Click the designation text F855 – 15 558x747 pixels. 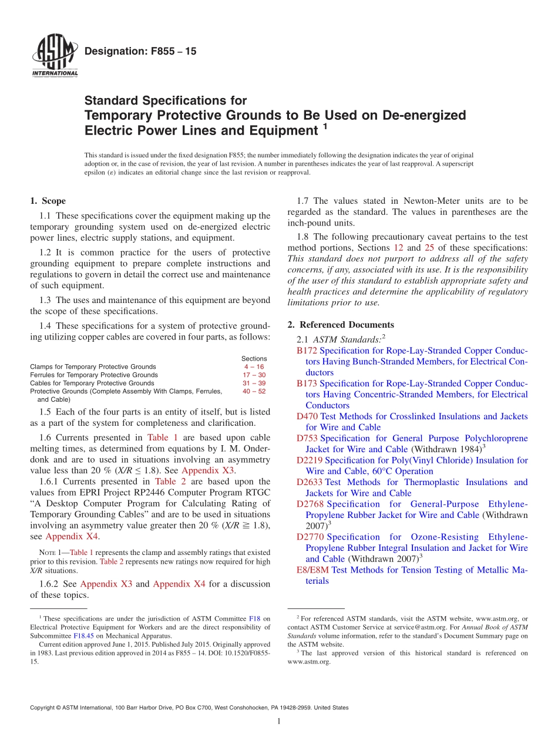140,52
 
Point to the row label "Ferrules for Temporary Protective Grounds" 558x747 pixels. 94,375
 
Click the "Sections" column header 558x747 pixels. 254,358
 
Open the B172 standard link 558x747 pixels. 307,351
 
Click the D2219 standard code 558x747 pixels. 310,460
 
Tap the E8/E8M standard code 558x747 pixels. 312,570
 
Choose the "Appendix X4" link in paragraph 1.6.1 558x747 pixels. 71,536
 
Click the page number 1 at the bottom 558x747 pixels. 279,722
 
